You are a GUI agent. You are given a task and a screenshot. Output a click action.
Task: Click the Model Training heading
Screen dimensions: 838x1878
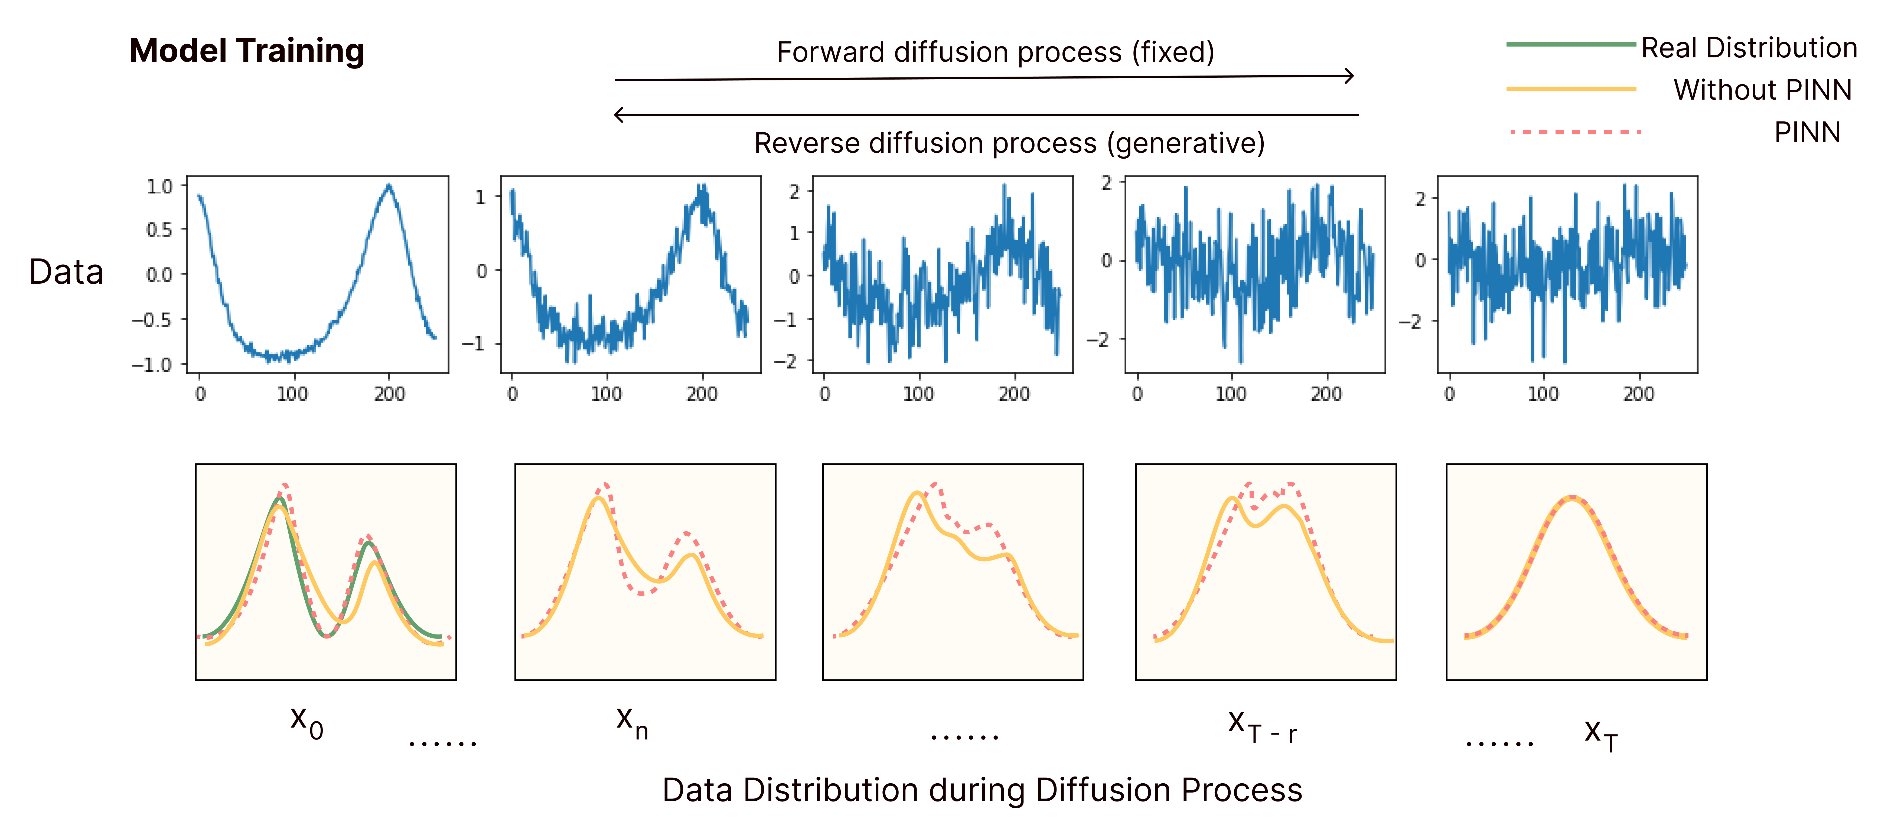coord(246,51)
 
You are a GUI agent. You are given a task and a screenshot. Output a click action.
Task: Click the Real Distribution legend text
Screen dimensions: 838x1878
coord(1748,48)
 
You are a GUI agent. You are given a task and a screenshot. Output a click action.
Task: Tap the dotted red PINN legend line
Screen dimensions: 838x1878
coord(1575,132)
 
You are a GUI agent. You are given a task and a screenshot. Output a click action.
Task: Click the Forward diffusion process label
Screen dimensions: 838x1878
coord(995,53)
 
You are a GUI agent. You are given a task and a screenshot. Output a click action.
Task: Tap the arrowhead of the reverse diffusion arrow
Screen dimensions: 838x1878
coord(619,114)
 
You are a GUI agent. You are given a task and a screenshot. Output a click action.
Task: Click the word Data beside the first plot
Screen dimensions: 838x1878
coord(66,272)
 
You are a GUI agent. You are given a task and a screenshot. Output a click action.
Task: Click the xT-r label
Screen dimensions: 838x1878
coord(1261,726)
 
